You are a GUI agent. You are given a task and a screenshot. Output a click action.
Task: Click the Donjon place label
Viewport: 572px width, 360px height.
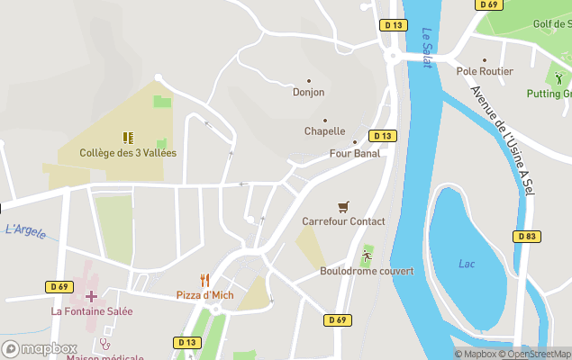click(x=308, y=92)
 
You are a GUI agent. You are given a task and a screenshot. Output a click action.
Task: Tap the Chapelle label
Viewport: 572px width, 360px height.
click(x=324, y=130)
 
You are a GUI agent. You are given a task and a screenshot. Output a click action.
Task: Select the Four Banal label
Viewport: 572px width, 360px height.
click(x=354, y=153)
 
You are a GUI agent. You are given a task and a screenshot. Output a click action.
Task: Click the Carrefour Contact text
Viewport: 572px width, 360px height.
click(x=343, y=221)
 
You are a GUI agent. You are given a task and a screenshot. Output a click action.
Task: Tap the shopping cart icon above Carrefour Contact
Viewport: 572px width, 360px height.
click(x=342, y=207)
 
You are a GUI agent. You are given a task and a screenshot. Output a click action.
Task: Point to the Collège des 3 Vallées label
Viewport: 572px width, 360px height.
click(x=128, y=153)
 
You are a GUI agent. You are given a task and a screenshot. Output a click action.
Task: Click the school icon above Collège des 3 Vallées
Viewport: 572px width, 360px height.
click(x=128, y=138)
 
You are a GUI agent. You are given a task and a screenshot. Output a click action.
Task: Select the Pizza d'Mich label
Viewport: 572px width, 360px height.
click(x=205, y=295)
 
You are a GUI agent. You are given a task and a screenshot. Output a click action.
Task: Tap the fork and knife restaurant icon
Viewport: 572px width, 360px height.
click(x=205, y=281)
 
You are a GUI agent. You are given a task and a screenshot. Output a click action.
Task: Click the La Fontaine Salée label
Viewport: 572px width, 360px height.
click(x=92, y=311)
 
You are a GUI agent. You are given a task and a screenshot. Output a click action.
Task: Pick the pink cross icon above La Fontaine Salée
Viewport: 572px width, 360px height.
click(x=91, y=295)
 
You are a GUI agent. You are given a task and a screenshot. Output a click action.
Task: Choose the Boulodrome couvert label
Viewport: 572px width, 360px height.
click(x=367, y=271)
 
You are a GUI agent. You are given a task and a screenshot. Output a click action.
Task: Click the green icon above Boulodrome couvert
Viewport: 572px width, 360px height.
click(x=367, y=256)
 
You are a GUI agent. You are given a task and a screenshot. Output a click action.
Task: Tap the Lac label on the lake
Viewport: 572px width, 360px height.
click(x=467, y=264)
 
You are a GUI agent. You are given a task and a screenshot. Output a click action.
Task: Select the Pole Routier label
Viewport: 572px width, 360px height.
click(x=485, y=71)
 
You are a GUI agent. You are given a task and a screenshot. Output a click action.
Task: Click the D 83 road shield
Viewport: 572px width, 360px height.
click(x=528, y=236)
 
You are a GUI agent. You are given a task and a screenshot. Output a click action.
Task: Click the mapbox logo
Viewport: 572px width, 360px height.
click(x=40, y=348)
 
